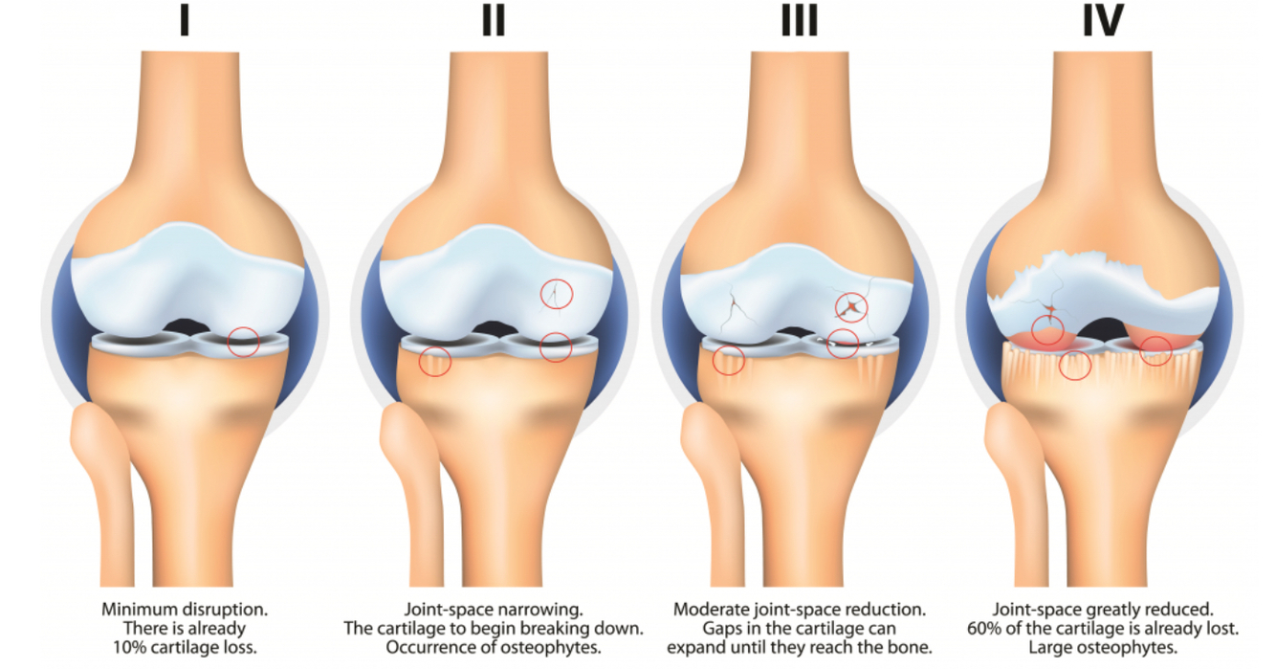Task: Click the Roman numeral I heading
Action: pyautogui.click(x=184, y=21)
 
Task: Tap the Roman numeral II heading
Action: pyautogui.click(x=493, y=21)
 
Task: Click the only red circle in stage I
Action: pyautogui.click(x=244, y=341)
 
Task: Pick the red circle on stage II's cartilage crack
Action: pyautogui.click(x=556, y=293)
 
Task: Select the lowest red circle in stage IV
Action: pyautogui.click(x=1076, y=365)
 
